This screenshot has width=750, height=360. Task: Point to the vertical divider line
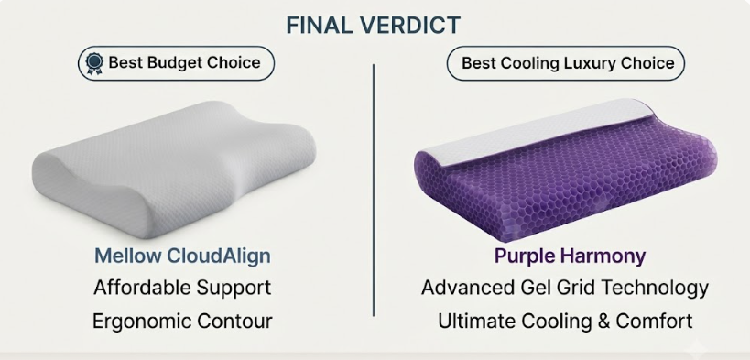[374, 190]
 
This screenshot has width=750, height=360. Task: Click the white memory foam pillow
[174, 169]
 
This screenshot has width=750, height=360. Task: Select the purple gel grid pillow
[565, 170]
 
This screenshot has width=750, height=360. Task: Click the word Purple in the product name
[523, 256]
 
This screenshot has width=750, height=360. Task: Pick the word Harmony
[602, 256]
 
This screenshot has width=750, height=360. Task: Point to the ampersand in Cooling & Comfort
[603, 322]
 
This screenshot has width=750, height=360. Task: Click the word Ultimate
[476, 322]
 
